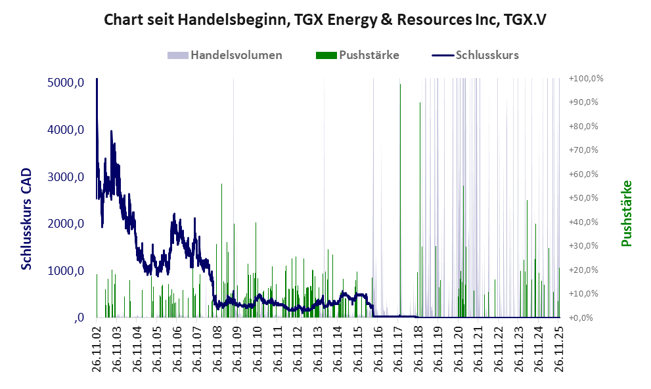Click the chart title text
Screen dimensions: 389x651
point(325,20)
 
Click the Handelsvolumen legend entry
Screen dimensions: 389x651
point(236,55)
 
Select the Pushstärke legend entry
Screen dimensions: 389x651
point(367,55)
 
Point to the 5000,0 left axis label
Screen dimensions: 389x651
point(66,83)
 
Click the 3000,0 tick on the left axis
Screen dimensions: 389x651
point(66,177)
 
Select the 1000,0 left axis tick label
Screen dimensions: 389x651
point(66,271)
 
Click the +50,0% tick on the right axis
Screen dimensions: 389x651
point(587,198)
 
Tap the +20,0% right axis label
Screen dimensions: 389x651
point(587,270)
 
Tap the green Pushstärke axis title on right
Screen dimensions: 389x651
point(626,213)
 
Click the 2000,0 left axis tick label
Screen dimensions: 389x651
point(66,224)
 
